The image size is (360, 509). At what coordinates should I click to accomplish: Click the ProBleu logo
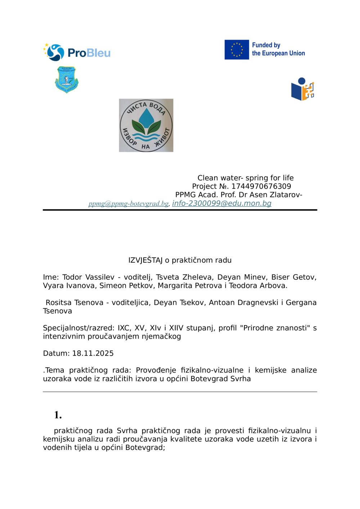pyautogui.click(x=77, y=53)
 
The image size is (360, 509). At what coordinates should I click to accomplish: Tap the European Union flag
pyautogui.click(x=237, y=50)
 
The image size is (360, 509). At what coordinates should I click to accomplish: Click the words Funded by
pyautogui.click(x=266, y=45)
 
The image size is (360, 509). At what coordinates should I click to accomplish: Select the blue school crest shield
pyautogui.click(x=67, y=79)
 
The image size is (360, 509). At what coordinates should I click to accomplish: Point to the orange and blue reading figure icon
pyautogui.click(x=302, y=89)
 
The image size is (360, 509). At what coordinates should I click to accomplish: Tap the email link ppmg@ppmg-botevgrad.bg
pyautogui.click(x=129, y=204)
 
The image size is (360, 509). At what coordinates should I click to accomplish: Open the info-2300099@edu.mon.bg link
pyautogui.click(x=221, y=203)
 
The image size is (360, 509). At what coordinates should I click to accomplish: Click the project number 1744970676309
pyautogui.click(x=261, y=186)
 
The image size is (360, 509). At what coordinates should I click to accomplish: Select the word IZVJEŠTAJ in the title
pyautogui.click(x=145, y=260)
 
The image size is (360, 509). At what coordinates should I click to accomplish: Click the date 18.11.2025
pyautogui.click(x=93, y=353)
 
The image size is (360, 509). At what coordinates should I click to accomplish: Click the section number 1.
pyautogui.click(x=58, y=415)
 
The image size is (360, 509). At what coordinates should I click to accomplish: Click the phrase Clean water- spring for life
pyautogui.click(x=246, y=178)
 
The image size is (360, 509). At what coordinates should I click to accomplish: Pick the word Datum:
pyautogui.click(x=56, y=353)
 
